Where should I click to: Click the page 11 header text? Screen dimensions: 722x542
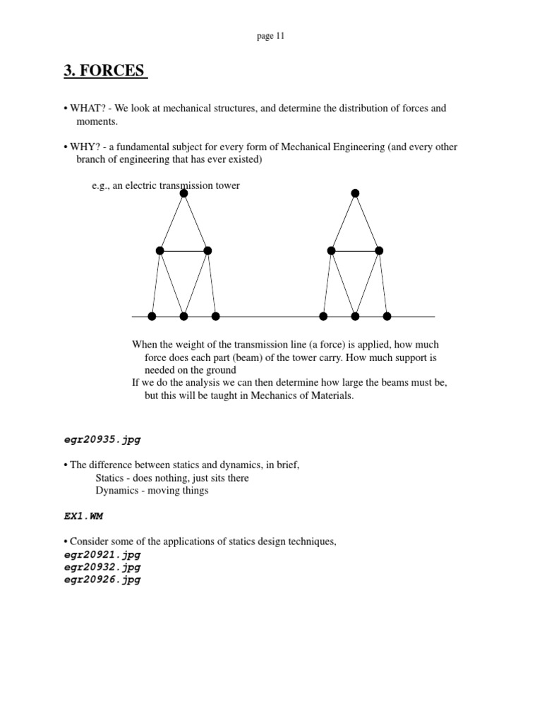(270, 37)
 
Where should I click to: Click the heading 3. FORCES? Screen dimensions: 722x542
(105, 71)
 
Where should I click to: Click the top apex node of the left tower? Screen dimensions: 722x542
(183, 193)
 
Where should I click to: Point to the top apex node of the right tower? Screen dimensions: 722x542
(355, 193)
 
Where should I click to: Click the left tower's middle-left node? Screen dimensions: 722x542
(160, 250)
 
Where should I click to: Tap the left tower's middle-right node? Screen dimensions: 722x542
(207, 250)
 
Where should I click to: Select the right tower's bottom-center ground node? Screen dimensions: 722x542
(355, 317)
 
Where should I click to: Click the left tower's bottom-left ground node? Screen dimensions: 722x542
(152, 317)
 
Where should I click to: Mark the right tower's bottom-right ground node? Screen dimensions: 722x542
(387, 317)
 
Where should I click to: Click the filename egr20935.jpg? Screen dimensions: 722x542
(102, 439)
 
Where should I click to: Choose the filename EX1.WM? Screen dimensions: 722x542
(83, 516)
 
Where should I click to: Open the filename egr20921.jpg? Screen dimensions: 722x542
(102, 555)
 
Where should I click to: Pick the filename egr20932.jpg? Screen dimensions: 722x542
(102, 567)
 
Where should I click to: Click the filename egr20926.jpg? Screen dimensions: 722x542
(102, 580)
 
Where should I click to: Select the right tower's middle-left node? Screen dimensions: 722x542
(331, 250)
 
